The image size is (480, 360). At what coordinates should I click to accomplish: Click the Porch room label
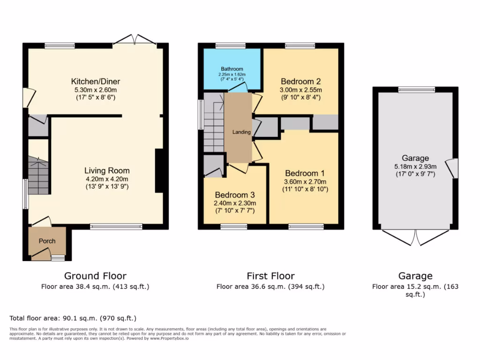[47, 241]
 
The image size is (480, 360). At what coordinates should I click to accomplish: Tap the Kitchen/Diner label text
[96, 82]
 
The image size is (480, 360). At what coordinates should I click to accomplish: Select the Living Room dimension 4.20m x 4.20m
[107, 179]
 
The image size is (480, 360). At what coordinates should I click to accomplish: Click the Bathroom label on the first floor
[231, 69]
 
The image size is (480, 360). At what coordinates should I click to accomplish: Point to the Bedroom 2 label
[300, 81]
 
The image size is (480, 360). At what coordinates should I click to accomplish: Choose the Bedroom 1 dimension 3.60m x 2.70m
[305, 181]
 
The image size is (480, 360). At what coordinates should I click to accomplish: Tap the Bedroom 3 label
[234, 195]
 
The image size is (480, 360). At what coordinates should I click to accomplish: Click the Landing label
[241, 132]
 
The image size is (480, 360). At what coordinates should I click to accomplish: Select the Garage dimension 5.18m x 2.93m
[415, 166]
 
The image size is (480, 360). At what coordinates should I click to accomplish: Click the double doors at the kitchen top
[135, 40]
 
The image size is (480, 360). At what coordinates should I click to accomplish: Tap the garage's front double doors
[415, 237]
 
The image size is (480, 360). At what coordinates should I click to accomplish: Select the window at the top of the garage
[416, 89]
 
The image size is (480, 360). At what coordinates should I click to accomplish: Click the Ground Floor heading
[95, 276]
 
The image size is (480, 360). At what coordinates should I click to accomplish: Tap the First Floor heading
[270, 276]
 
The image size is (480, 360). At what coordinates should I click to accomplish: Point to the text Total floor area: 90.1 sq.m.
[73, 318]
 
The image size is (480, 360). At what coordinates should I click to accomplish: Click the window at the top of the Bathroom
[231, 45]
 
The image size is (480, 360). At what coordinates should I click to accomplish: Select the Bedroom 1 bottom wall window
[306, 227]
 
